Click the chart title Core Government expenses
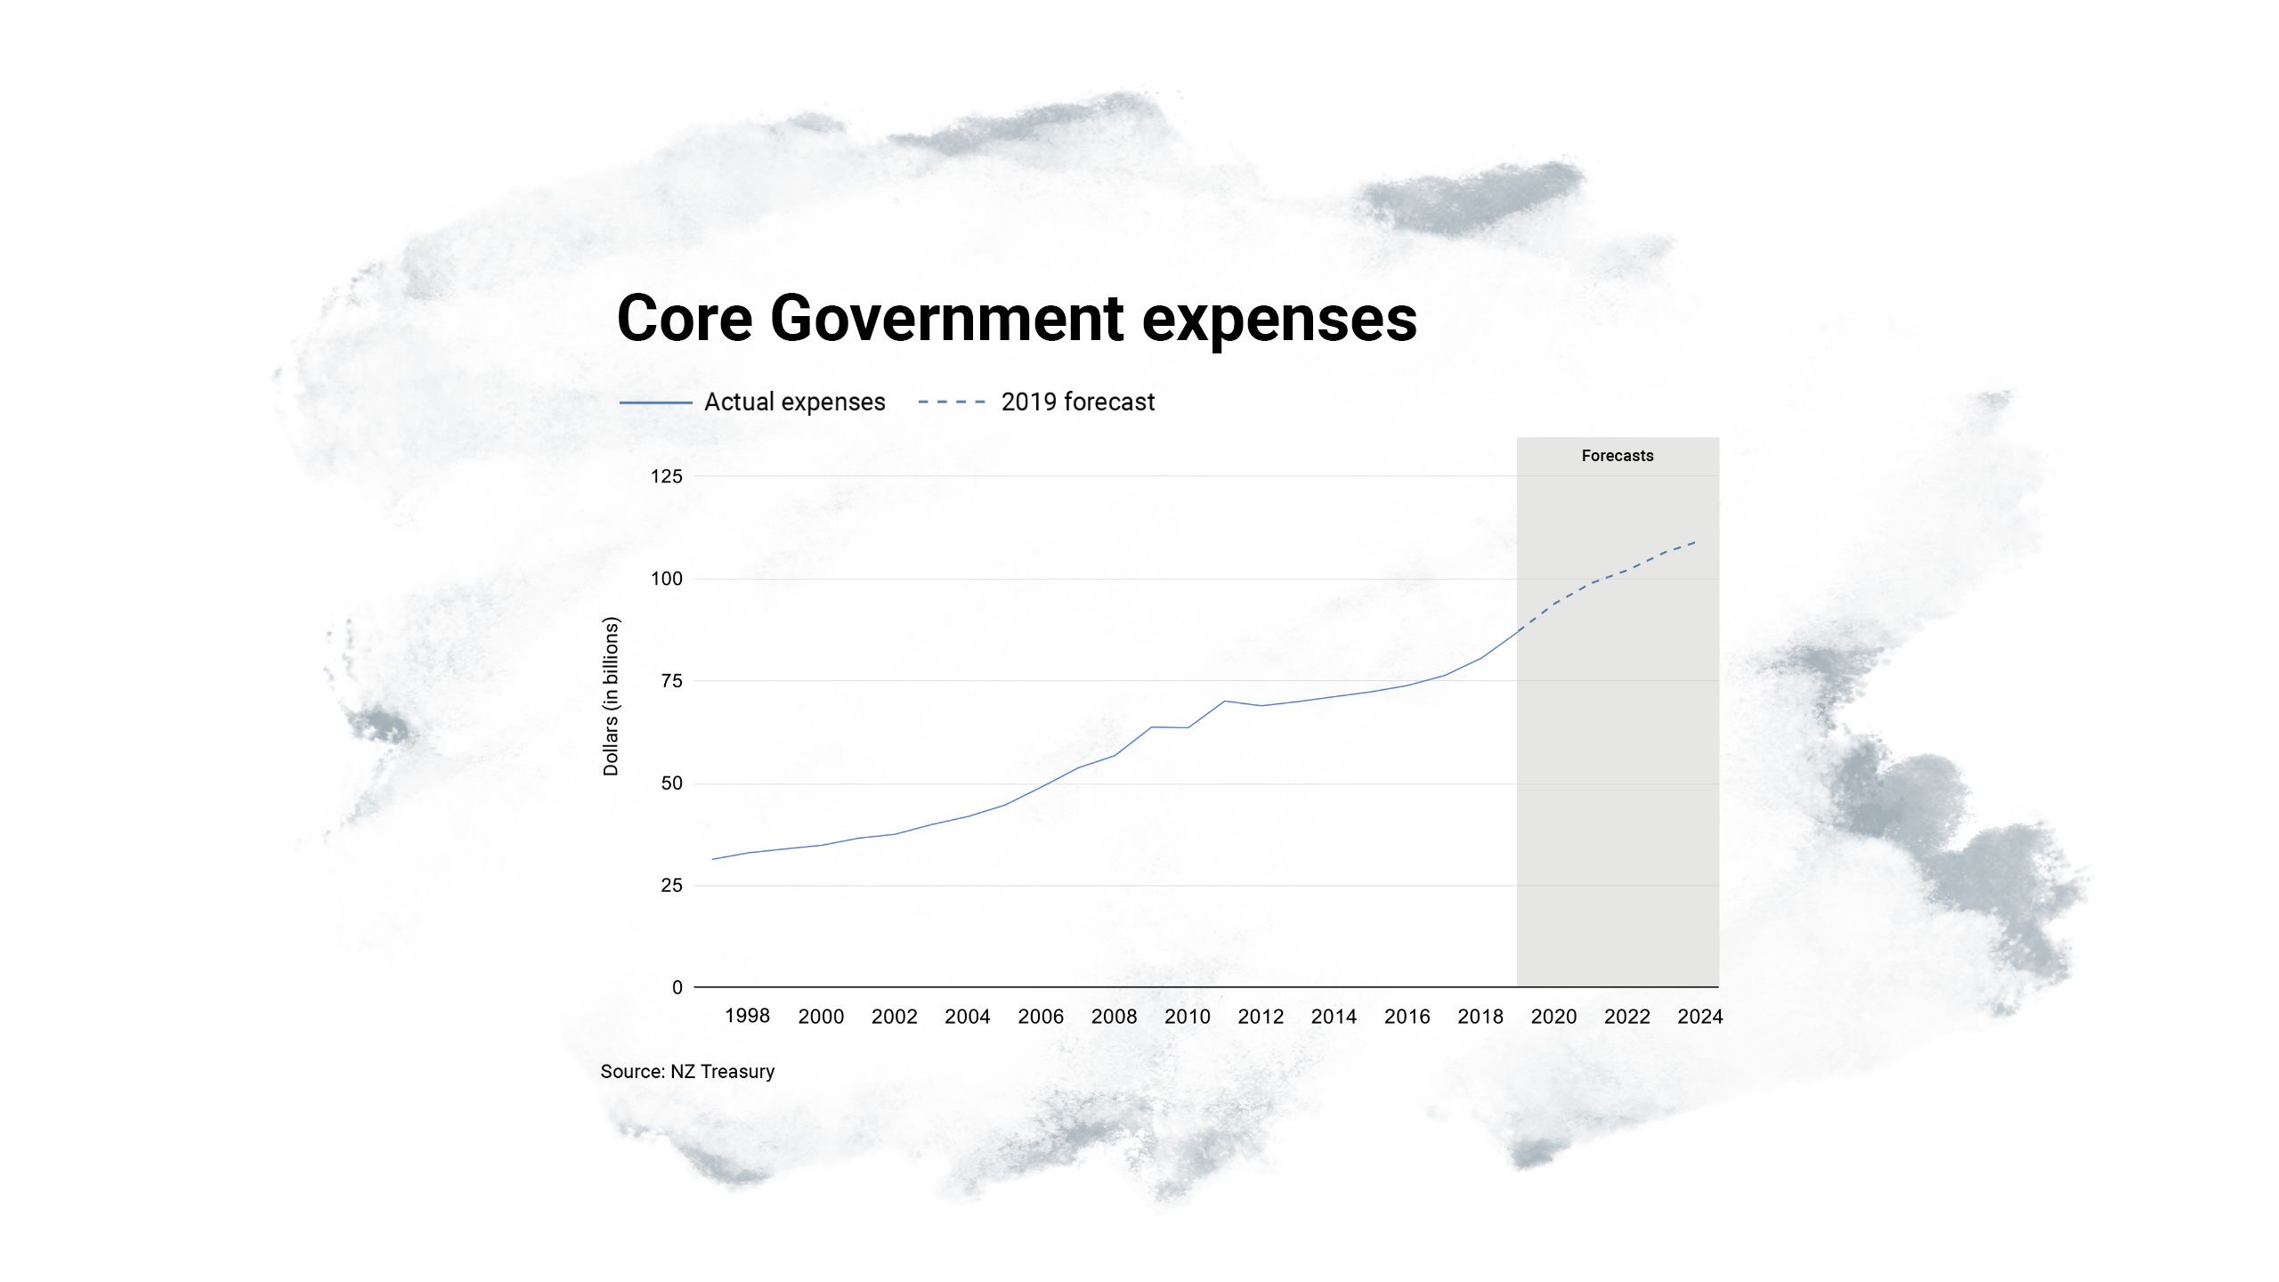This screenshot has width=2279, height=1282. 1017,319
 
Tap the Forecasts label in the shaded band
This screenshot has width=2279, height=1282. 1617,456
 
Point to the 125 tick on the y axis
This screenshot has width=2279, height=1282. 666,476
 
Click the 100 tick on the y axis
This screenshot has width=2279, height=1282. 666,579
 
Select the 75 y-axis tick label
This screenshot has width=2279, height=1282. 671,681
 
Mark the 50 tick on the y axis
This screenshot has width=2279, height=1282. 671,783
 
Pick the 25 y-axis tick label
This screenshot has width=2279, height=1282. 671,885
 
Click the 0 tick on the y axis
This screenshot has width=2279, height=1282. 677,987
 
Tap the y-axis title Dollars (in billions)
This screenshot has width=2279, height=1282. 611,696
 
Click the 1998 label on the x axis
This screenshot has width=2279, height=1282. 747,1016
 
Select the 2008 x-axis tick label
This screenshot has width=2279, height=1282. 1114,1017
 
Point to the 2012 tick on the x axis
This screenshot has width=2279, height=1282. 1261,1017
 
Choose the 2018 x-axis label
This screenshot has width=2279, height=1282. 1480,1017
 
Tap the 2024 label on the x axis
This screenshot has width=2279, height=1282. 1699,1017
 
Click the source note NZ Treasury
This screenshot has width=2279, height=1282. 687,1072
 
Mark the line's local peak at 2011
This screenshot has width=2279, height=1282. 1224,701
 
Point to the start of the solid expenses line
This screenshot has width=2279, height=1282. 712,859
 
